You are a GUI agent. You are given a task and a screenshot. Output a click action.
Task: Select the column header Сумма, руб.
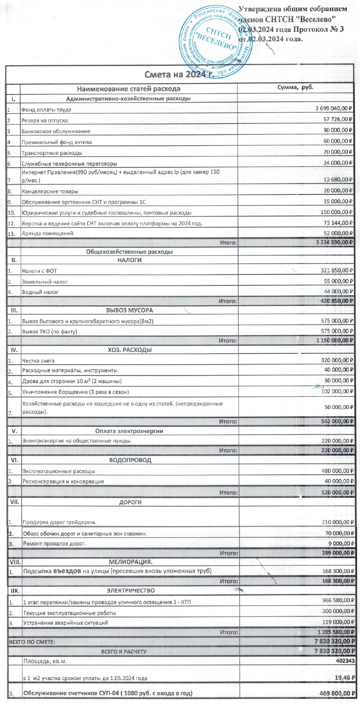(x=295, y=87)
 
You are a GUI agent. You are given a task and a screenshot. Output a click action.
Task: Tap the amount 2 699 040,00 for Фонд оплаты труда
(x=333, y=109)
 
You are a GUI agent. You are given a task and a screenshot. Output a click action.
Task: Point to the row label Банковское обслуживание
(x=56, y=131)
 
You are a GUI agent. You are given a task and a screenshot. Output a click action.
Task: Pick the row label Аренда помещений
(x=47, y=233)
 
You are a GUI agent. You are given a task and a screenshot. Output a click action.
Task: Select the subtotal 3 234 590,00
(x=334, y=242)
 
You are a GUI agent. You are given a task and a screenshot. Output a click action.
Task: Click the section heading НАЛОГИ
(x=129, y=260)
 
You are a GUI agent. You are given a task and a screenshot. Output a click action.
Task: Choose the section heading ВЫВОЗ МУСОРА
(x=129, y=310)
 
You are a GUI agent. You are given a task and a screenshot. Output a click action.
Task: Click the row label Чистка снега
(x=38, y=361)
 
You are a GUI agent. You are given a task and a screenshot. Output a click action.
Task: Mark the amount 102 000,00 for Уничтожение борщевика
(x=337, y=391)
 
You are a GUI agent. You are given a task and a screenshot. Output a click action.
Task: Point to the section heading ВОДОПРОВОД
(x=130, y=460)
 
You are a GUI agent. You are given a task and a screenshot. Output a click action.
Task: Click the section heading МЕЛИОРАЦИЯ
(x=130, y=562)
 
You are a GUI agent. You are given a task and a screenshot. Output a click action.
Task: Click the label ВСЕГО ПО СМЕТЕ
(x=32, y=642)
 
